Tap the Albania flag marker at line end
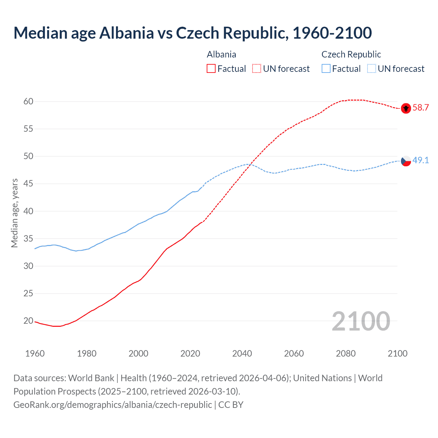click(406, 108)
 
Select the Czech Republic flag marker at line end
click(406, 160)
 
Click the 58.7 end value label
click(421, 108)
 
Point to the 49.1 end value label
click(421, 160)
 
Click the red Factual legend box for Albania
click(211, 69)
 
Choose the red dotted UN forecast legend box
click(257, 69)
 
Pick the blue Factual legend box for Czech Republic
click(326, 69)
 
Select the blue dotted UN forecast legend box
click(372, 69)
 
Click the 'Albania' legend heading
click(221, 54)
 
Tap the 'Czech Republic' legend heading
click(351, 54)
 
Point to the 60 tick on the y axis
click(28, 101)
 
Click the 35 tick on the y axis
click(28, 239)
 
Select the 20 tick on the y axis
click(28, 321)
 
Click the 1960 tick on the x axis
click(35, 353)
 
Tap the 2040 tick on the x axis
click(242, 353)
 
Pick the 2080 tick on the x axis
click(346, 353)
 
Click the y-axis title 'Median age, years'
click(14, 213)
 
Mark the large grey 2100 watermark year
click(361, 321)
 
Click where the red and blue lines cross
click(250, 165)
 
